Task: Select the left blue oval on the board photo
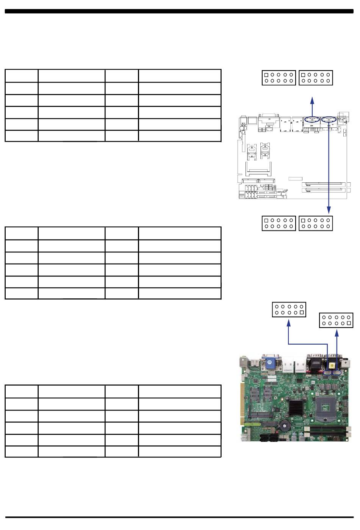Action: tap(329, 373)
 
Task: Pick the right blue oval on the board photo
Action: tap(337, 373)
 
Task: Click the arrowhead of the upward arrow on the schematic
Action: tap(312, 100)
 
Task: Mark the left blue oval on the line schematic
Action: tap(312, 119)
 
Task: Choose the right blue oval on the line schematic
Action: tap(328, 119)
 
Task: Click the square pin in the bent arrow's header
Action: tap(301, 313)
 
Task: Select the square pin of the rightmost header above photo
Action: tap(349, 323)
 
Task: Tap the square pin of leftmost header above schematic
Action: tap(266, 75)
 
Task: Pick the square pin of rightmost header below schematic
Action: tap(303, 220)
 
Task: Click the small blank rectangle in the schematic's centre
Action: tap(295, 179)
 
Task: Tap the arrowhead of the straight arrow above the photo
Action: tap(337, 332)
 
